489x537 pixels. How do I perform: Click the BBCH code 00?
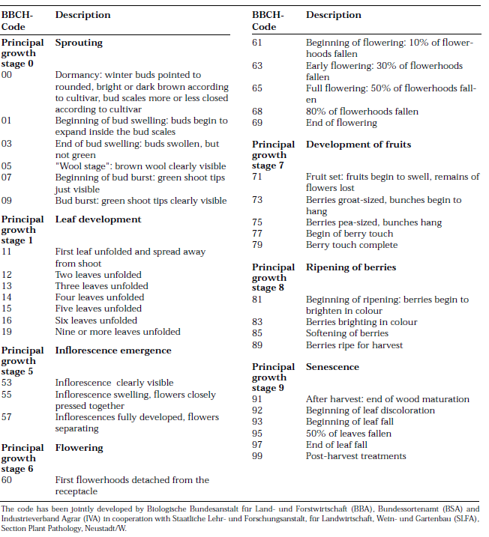[7, 75]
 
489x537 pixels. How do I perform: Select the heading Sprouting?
[79, 43]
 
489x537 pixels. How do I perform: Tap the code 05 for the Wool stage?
[7, 166]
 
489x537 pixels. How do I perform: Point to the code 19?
[7, 332]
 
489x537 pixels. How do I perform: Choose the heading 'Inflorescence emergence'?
[113, 350]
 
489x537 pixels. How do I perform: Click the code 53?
[7, 383]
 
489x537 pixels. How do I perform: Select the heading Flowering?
[79, 448]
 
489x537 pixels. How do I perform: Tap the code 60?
[7, 480]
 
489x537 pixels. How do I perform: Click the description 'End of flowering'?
[341, 123]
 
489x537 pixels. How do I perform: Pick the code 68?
[257, 112]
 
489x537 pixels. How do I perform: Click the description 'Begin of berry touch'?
[349, 234]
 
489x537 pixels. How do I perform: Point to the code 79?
[257, 245]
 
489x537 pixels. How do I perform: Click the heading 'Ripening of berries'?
[351, 267]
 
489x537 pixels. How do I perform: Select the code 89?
[257, 345]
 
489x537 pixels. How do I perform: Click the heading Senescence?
[332, 367]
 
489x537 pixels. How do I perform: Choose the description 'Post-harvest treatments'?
[356, 456]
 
